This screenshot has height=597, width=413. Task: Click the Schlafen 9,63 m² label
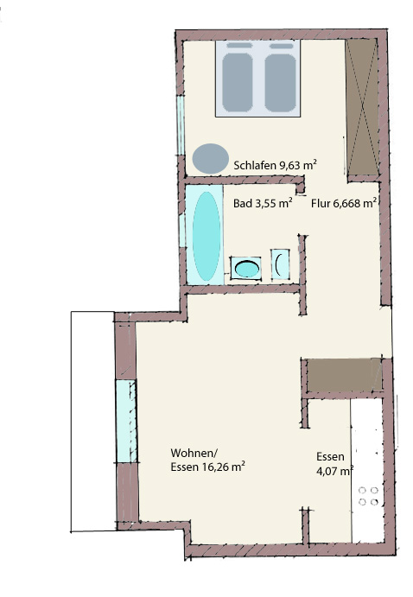coord(276,165)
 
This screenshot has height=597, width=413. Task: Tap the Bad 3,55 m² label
coord(263,203)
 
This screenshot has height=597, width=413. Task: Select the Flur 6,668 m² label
coord(344,203)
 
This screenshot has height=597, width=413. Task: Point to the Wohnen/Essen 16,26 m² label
coord(207,460)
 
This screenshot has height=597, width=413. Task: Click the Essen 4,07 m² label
coord(334,463)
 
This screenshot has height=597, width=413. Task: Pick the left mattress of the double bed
coord(238,82)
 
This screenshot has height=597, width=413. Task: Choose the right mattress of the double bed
coord(281,82)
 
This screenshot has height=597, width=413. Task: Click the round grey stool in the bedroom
coord(211,158)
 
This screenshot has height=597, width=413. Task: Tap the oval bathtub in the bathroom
coord(206,236)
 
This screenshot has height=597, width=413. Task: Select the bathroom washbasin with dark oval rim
coord(246,269)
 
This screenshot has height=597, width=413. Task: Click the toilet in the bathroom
coord(280,264)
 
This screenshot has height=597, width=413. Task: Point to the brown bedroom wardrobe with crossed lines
coord(362,107)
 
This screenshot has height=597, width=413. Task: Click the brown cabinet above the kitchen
coord(344,375)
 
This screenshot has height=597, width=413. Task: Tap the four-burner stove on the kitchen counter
coord(368,496)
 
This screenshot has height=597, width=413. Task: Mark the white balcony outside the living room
coord(92,422)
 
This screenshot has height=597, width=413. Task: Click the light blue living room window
coord(126,421)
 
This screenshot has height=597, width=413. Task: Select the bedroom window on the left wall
coord(181,125)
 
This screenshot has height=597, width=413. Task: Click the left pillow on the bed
coord(239,46)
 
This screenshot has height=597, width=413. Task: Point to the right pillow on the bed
coord(282,46)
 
